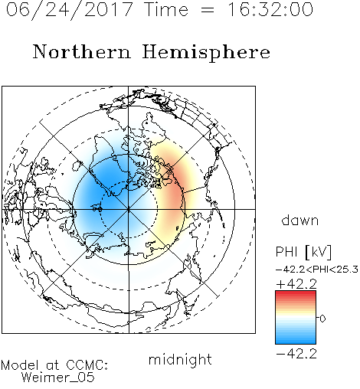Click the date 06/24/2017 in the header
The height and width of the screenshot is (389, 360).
click(70, 10)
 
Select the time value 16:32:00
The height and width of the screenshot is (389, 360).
click(270, 9)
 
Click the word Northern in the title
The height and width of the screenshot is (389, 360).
click(82, 51)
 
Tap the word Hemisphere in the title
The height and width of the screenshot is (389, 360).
click(206, 52)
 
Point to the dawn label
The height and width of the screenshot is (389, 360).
click(300, 220)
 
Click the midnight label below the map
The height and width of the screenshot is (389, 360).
click(180, 359)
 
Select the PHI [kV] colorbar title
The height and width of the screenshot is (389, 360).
click(303, 252)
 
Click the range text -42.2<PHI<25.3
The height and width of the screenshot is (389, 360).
click(317, 270)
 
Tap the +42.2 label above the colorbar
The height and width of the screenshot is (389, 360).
click(296, 284)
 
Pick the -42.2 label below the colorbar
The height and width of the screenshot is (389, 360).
click(296, 354)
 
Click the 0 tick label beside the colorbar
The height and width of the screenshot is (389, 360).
click(322, 319)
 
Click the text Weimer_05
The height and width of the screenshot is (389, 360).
click(58, 378)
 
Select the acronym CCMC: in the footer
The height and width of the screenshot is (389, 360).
click(87, 365)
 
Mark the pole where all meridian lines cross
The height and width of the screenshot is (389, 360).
click(129, 209)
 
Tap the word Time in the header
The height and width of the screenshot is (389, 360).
click(166, 9)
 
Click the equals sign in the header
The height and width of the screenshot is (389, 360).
click(208, 10)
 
